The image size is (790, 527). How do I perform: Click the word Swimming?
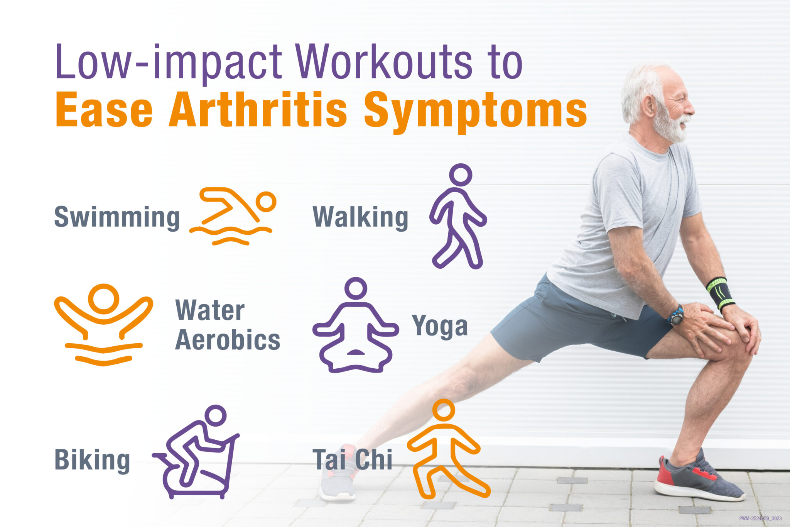(117, 217)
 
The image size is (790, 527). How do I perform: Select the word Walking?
(360, 217)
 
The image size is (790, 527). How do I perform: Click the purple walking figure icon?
(458, 216)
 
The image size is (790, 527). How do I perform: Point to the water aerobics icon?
(103, 324)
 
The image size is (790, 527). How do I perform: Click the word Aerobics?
(228, 340)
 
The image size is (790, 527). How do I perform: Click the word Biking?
(92, 460)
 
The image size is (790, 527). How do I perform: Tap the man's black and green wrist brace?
(720, 293)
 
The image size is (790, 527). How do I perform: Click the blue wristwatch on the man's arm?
(676, 315)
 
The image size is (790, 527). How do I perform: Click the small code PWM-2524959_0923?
(760, 519)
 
